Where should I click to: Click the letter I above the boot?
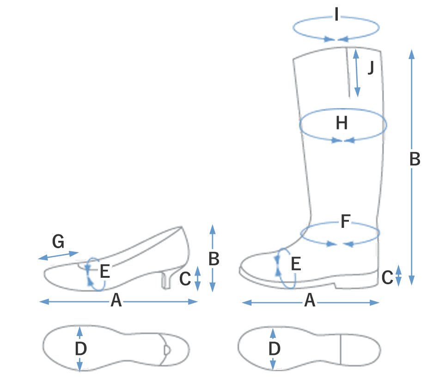336,17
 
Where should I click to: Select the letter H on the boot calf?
341,124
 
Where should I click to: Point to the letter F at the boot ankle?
345,222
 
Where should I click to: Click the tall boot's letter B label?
415,159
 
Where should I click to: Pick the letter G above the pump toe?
58,241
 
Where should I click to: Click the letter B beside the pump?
213,260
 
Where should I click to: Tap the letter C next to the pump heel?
184,279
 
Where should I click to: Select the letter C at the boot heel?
387,277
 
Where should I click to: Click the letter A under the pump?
116,302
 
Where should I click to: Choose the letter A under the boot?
310,302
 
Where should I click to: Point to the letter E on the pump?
105,271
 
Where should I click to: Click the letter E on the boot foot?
296,264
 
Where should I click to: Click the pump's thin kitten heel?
165,281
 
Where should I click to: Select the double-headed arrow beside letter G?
58,255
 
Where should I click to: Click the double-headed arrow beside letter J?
356,73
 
